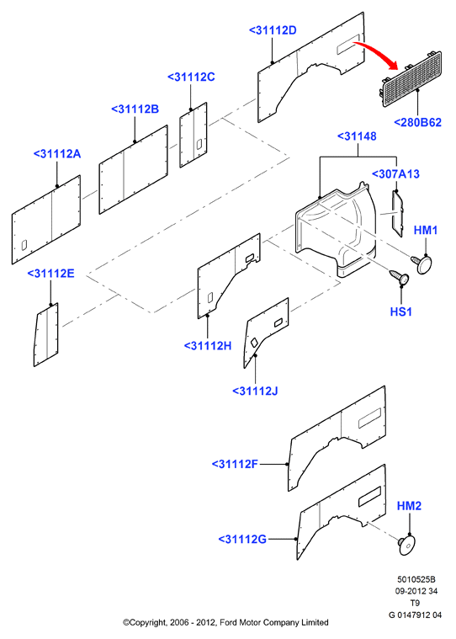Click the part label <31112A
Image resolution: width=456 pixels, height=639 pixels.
coord(57,154)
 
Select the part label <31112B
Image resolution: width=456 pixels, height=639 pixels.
coord(135,109)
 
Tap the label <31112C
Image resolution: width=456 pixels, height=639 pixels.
coord(191,77)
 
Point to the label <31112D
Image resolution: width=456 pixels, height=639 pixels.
coord(273,30)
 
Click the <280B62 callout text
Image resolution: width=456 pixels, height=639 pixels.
coord(418,122)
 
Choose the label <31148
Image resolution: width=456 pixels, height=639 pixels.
coord(357,136)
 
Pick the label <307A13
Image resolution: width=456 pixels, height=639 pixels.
coord(395,174)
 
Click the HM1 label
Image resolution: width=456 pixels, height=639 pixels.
coord(426,230)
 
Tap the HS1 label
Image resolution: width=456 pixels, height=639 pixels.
coord(401,312)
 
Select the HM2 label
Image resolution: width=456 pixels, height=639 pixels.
coord(409,506)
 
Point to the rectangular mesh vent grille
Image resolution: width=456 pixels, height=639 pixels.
coord(411,78)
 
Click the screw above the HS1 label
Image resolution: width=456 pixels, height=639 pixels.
coord(400,277)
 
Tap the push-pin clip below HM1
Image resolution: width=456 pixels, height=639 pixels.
coord(422,262)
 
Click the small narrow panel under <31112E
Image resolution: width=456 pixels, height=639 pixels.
coord(46,334)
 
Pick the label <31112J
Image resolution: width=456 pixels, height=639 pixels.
coord(255,391)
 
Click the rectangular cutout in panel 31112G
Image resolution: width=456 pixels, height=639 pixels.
coord(369,497)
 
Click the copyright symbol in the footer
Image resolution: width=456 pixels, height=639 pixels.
coord(126,622)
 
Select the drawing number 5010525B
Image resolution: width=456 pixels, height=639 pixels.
coord(416,579)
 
